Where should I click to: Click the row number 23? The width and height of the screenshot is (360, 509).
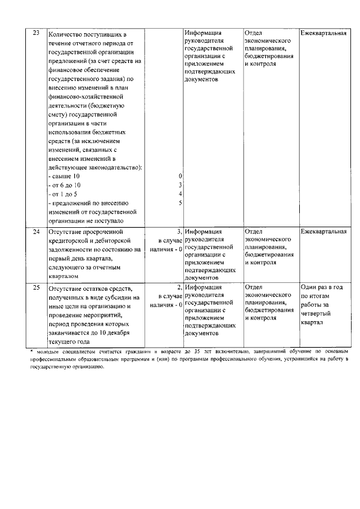click(x=36, y=33)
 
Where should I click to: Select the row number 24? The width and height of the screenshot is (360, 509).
click(x=36, y=231)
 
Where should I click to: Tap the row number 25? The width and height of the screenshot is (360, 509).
click(x=36, y=288)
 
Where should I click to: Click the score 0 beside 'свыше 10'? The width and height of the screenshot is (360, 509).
click(x=180, y=176)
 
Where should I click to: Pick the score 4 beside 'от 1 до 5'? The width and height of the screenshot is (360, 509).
click(x=180, y=194)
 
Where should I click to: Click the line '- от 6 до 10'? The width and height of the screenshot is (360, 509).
click(x=65, y=185)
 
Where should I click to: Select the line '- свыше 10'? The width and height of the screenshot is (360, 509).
click(x=64, y=176)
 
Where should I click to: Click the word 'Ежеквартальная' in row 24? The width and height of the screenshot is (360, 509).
click(x=323, y=231)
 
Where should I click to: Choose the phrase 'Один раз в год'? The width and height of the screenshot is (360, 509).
click(x=322, y=288)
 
